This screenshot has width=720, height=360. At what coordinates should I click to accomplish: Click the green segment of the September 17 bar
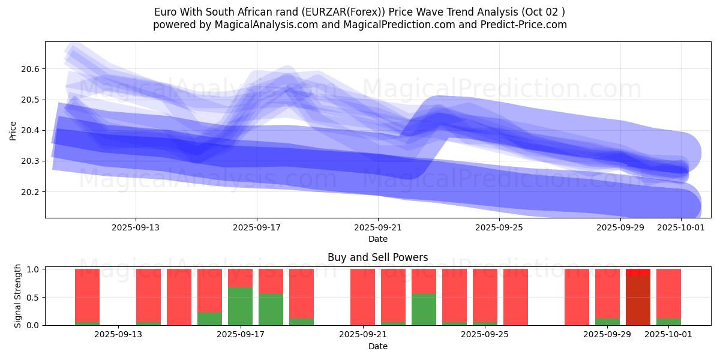[240, 306]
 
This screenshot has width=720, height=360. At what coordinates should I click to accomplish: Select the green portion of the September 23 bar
[424, 309]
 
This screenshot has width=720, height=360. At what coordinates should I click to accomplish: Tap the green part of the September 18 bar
[271, 309]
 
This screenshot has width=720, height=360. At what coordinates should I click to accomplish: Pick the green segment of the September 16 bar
[209, 319]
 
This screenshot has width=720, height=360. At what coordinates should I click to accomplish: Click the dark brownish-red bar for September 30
[638, 300]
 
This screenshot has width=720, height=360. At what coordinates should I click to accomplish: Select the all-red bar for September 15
[179, 297]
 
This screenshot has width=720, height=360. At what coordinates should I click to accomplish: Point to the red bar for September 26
[515, 297]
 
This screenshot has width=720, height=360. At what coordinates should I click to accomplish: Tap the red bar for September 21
[362, 297]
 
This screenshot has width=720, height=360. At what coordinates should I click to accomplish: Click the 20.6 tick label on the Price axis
[29, 70]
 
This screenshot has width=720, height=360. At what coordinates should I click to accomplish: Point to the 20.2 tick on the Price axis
[29, 192]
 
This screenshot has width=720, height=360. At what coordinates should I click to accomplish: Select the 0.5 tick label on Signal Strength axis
[33, 297]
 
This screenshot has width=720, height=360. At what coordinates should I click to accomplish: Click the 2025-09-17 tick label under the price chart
[257, 228]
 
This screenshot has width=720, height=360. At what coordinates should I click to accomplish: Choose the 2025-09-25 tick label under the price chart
[499, 228]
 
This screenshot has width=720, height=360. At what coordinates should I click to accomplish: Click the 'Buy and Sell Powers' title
[378, 257]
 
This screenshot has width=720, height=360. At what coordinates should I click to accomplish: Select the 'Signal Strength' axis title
[18, 296]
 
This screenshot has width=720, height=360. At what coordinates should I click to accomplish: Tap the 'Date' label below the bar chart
[378, 346]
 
